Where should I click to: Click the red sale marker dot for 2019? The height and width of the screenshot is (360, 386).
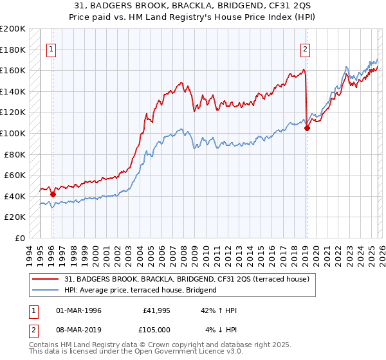point(307,128)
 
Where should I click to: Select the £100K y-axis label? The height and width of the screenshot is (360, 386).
point(13,133)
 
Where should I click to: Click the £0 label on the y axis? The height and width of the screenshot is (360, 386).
point(19,238)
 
